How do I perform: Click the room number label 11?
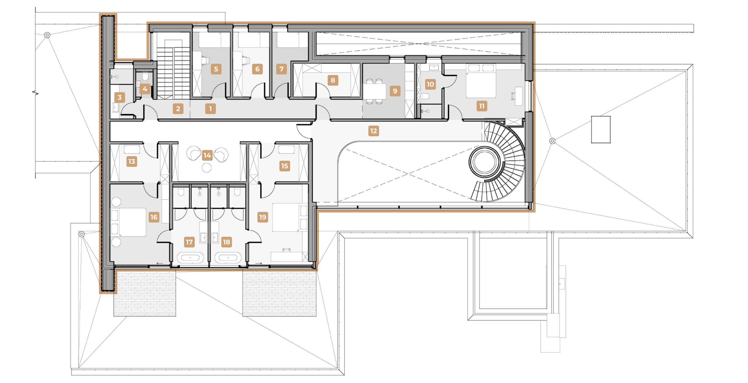(482, 106)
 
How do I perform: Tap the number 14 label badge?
(207, 155)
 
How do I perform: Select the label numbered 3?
(119, 97)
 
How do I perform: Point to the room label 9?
(395, 91)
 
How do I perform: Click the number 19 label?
(263, 217)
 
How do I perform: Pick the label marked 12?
(373, 131)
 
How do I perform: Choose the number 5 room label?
(216, 69)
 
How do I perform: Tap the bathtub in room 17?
(190, 257)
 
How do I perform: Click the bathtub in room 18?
(228, 257)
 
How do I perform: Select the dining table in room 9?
(375, 91)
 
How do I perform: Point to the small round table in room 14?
(207, 168)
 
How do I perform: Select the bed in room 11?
(481, 81)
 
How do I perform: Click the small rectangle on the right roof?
(601, 130)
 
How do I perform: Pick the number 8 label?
(333, 80)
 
